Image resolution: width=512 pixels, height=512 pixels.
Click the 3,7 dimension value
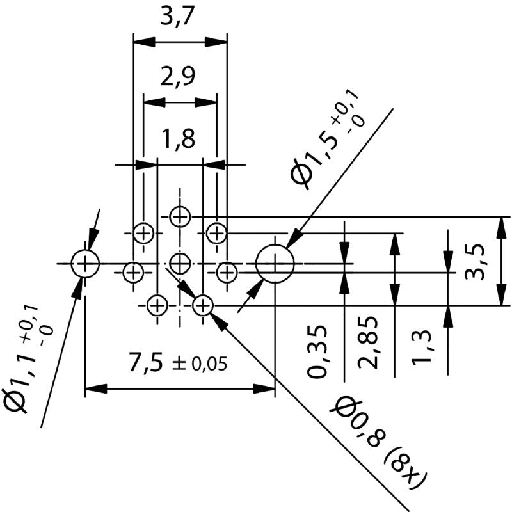pos(180,17)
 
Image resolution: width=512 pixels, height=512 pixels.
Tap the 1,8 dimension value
pos(179,138)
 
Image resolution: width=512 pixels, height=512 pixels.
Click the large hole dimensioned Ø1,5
pos(275,263)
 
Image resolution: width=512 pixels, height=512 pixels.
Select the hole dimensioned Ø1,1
pos(85,263)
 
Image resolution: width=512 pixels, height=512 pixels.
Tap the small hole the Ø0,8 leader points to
pos(203,305)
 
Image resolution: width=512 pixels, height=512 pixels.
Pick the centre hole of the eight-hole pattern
pos(180,262)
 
